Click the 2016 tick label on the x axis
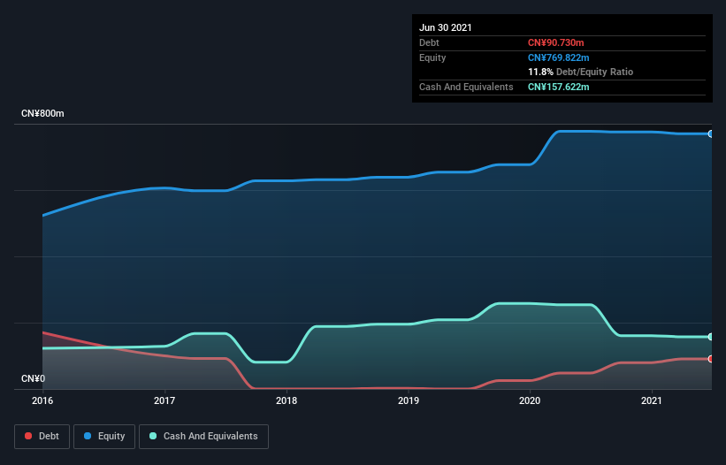(x=42, y=400)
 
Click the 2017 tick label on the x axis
(x=164, y=400)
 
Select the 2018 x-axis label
(x=287, y=400)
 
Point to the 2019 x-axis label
(x=409, y=400)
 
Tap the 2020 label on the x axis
(x=530, y=400)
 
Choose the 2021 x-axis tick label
(x=652, y=400)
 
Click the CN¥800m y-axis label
(x=42, y=114)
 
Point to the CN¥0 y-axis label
(x=33, y=379)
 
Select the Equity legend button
(x=104, y=436)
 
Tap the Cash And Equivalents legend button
(x=203, y=436)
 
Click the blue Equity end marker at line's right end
(x=710, y=133)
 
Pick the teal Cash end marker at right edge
(x=710, y=337)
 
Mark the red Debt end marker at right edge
(x=710, y=359)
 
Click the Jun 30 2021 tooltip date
(x=446, y=27)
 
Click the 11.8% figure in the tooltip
(x=540, y=72)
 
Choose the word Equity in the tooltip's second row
(x=432, y=57)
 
